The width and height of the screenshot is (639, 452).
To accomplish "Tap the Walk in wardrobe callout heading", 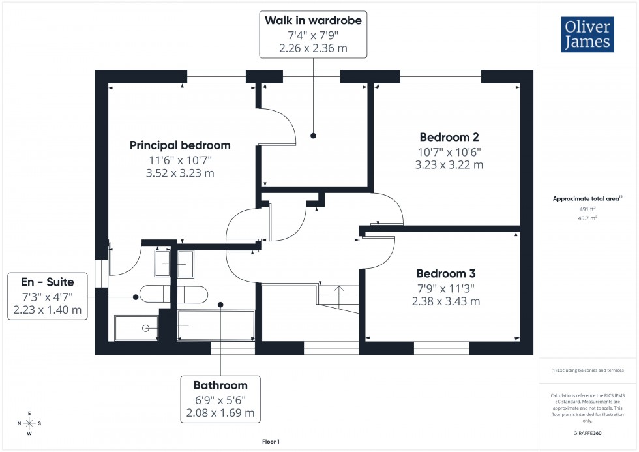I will tap(312, 20).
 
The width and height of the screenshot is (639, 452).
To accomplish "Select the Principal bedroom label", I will tap(180, 145).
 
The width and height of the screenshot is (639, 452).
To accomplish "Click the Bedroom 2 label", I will tap(449, 137).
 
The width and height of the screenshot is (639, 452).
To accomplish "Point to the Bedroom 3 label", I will tap(446, 273).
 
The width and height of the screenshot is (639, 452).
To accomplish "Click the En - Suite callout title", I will tap(48, 282).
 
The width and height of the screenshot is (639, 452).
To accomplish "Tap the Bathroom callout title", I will tap(220, 385).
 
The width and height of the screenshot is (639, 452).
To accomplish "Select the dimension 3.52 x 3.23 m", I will tap(180, 173).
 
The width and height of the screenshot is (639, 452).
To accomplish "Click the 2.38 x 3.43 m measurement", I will tap(446, 301).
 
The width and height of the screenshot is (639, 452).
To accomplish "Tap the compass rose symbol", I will tap(30, 423).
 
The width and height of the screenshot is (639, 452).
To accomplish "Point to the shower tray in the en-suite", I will tap(137, 329).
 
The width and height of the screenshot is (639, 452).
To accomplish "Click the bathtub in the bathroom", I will tap(216, 325).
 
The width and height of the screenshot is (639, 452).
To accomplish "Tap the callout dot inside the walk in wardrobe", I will tap(313, 136).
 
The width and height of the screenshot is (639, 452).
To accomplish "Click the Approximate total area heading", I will tap(587, 198).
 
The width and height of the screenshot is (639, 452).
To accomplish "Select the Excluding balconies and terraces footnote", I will tap(587, 370).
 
